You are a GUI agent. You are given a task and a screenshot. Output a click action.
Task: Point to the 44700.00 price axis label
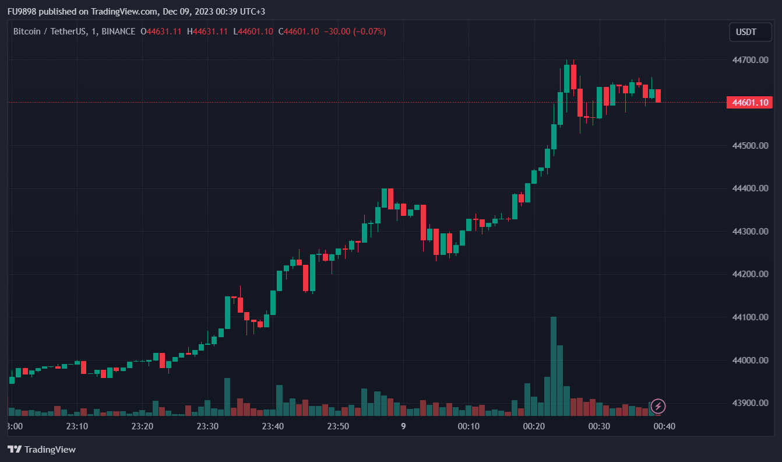click(750, 60)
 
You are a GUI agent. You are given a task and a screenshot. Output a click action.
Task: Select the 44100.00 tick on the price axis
click(750, 317)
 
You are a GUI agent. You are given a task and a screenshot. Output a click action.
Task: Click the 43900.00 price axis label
click(750, 403)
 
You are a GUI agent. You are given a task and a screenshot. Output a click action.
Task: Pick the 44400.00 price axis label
click(750, 188)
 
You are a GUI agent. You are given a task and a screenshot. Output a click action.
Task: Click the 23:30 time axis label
click(207, 426)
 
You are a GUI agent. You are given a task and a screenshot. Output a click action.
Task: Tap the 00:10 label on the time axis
click(469, 426)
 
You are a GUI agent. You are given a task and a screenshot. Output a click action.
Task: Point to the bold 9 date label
click(403, 426)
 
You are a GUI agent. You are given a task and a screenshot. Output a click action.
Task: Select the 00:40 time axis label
click(664, 426)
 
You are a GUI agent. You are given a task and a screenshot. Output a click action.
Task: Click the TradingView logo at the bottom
click(41, 449)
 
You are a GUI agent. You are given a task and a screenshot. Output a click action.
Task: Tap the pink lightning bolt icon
click(658, 406)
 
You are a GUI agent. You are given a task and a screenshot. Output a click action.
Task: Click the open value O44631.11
click(161, 32)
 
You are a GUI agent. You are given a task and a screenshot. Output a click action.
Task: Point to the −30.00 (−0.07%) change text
click(355, 32)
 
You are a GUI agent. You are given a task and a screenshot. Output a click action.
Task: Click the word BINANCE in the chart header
click(118, 32)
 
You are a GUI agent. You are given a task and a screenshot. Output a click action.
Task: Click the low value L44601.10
click(253, 32)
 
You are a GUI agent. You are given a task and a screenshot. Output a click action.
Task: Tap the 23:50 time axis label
click(338, 426)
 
